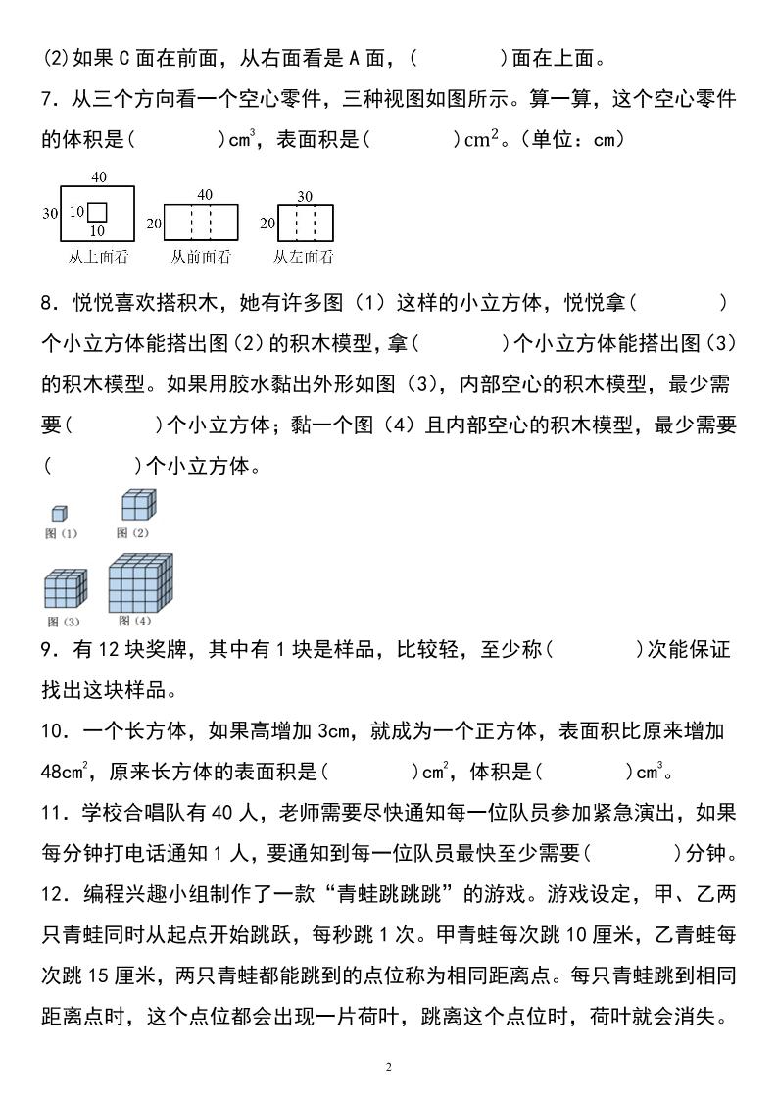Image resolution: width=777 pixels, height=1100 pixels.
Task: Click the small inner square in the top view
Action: point(97,213)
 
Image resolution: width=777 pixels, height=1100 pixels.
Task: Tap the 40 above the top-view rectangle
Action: point(98,176)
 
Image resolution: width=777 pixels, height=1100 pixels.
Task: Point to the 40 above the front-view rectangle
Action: point(204,194)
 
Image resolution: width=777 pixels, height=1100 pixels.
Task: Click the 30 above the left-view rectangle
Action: point(305,196)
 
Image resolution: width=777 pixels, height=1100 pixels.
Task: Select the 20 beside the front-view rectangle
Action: point(154,224)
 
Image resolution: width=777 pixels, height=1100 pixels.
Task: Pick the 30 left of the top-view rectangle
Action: point(50,213)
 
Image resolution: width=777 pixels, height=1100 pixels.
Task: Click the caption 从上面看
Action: point(98,257)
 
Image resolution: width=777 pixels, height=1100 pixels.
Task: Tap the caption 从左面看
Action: point(303,257)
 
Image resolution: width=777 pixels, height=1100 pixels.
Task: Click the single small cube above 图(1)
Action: point(60,514)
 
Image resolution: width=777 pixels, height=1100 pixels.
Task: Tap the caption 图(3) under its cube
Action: point(63,622)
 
